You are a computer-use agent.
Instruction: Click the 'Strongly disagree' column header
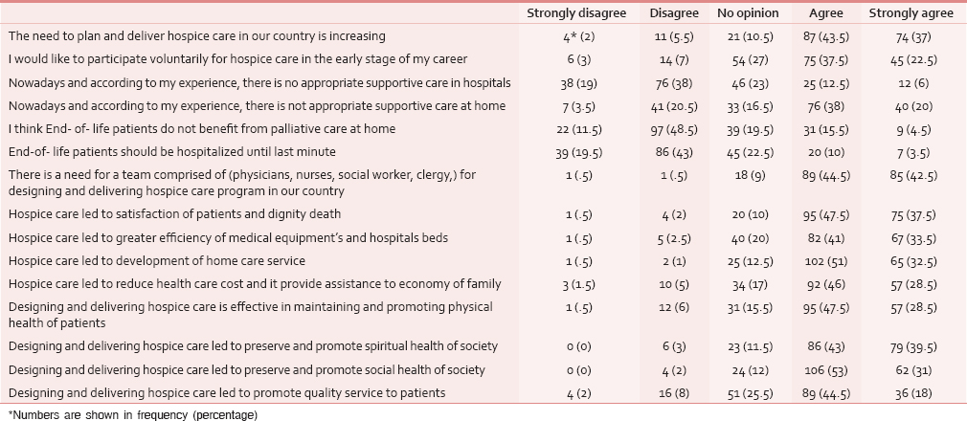[x=576, y=13]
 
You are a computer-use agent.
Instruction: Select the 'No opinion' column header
[x=748, y=13]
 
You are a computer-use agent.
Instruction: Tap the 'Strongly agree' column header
[x=911, y=13]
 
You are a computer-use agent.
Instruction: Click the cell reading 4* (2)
[x=576, y=36]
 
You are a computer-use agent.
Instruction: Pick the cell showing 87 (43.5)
[x=826, y=36]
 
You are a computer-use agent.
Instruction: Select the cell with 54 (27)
[x=748, y=59]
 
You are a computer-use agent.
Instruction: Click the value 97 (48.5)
[x=673, y=129]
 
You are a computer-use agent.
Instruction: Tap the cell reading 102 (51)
[x=826, y=261]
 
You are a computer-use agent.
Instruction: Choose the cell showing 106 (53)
[x=826, y=370]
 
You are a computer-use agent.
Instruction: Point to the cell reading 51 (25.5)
[x=748, y=393]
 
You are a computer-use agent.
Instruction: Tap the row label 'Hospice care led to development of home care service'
[x=157, y=261]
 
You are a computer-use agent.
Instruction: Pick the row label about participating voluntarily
[x=237, y=59]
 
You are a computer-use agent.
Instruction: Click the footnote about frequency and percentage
[x=132, y=415]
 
